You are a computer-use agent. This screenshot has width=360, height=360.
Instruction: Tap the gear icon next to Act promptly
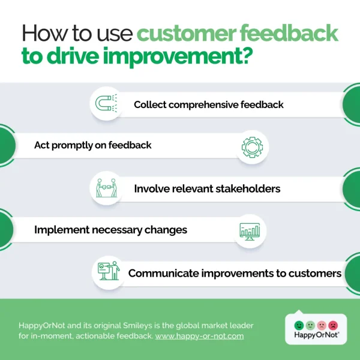[x=251, y=146]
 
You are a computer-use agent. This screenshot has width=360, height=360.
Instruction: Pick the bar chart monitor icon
[x=249, y=230]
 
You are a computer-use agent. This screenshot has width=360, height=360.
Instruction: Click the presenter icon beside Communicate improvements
[x=108, y=272]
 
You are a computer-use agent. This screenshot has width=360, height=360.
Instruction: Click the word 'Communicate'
[x=163, y=273]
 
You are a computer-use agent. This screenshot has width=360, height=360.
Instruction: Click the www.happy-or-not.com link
[x=199, y=336]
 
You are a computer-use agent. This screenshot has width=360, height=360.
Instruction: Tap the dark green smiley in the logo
[x=299, y=325]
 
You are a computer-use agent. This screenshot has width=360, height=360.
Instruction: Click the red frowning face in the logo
[x=333, y=325]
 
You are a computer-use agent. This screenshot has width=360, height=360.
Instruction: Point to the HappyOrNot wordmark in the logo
[x=316, y=337]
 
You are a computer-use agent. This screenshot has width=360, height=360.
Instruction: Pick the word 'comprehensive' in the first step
[x=211, y=104]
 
